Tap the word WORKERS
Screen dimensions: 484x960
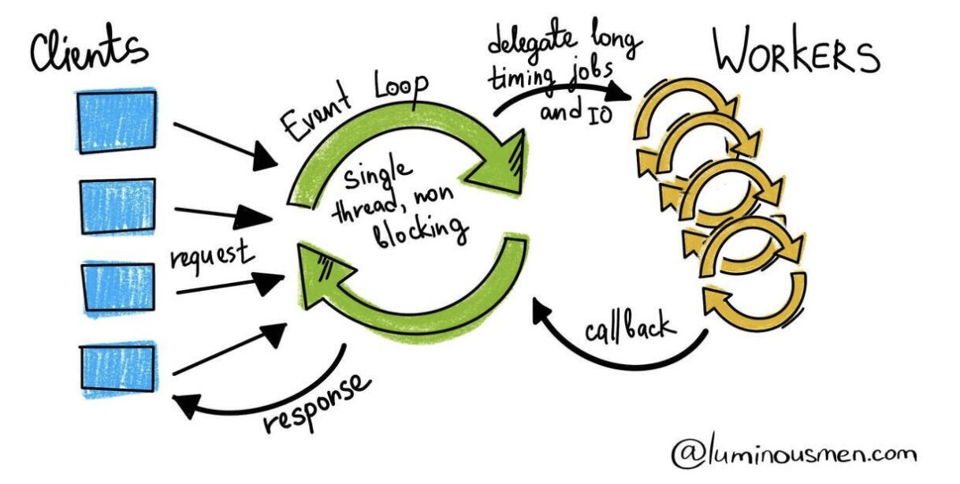point(796,55)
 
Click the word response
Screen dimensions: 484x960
point(316,402)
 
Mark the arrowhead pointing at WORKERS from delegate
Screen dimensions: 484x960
point(623,92)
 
